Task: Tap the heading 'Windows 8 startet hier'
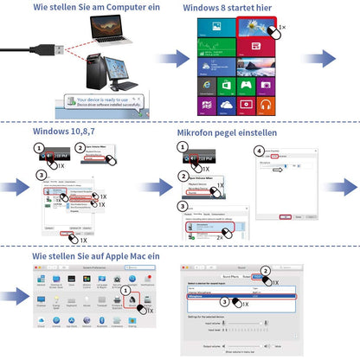229,8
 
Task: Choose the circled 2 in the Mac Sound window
266,269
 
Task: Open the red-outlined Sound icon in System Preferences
134,303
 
